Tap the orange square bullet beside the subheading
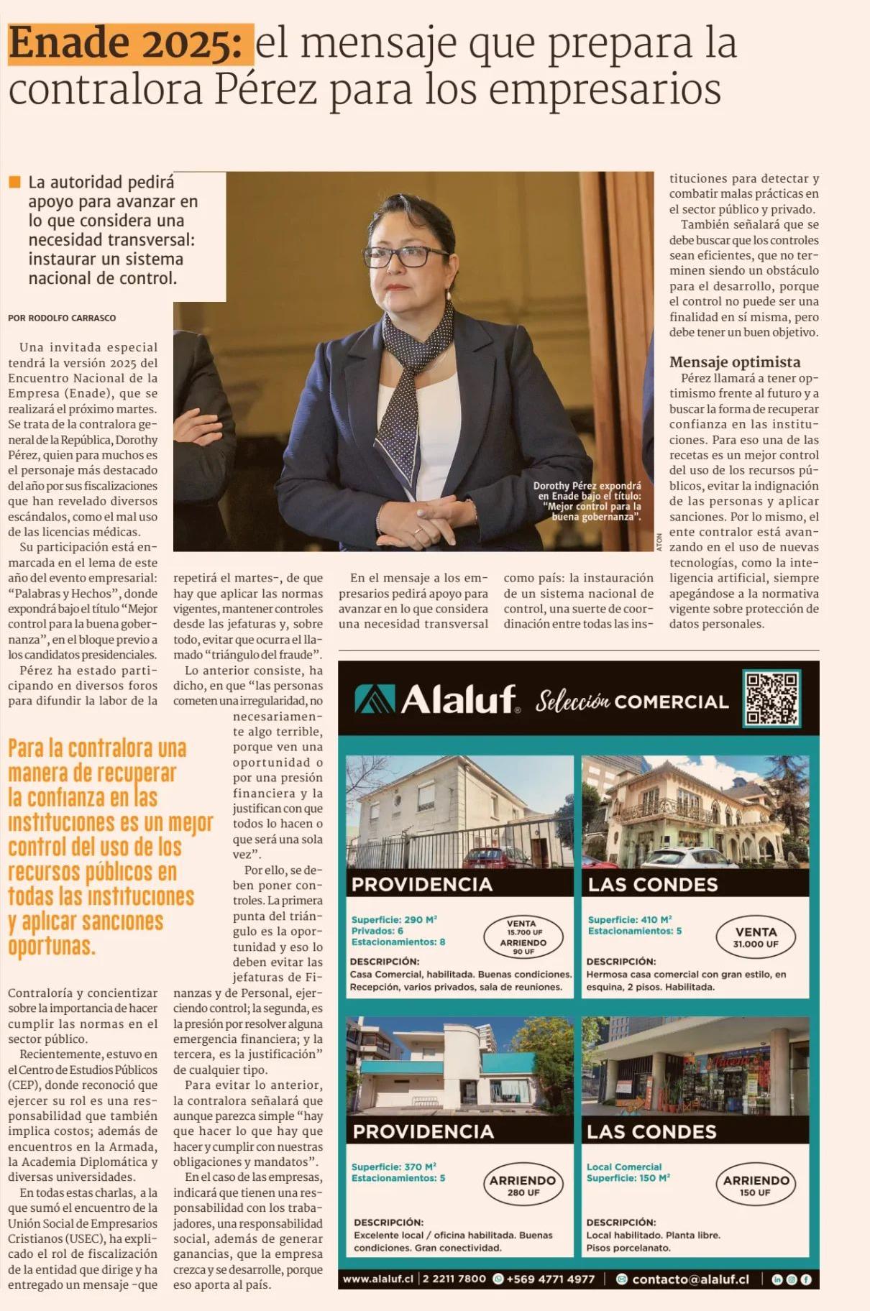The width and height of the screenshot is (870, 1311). point(14,182)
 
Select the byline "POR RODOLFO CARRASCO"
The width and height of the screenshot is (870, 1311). point(62,318)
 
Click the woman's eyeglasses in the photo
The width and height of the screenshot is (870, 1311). point(406,255)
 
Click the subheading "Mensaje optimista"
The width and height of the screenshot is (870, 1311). point(734,362)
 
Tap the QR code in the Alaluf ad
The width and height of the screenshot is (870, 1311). point(771,698)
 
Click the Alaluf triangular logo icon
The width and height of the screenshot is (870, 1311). point(375,699)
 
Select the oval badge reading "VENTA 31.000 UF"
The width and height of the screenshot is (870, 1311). point(755,937)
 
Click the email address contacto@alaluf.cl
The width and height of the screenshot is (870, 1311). point(690,1279)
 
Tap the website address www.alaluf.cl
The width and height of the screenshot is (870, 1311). point(377,1279)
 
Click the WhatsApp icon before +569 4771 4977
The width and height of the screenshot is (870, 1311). point(498,1279)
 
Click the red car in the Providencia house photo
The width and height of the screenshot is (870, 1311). point(489,857)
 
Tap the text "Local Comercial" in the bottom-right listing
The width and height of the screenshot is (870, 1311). point(623,1167)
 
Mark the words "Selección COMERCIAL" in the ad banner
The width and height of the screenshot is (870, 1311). point(631,701)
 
